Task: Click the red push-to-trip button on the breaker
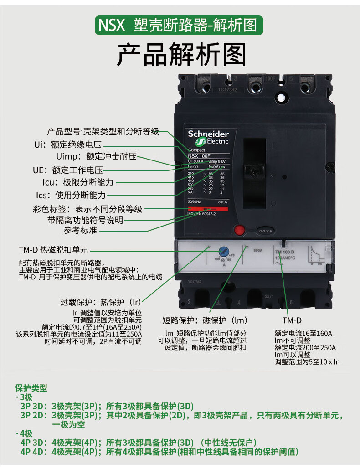pyautogui.click(x=240, y=230)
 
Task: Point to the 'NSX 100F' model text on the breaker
pyautogui.click(x=200, y=156)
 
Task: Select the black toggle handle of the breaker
pyautogui.click(x=254, y=171)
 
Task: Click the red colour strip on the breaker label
pyautogui.click(x=208, y=208)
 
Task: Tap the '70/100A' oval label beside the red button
pyautogui.click(x=265, y=231)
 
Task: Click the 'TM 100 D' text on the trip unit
pyautogui.click(x=285, y=252)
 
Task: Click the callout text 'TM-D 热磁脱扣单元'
pyautogui.click(x=53, y=250)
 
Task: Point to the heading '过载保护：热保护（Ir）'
pyautogui.click(x=101, y=302)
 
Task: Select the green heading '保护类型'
pyautogui.click(x=31, y=388)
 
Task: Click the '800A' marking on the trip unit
pyautogui.click(x=257, y=250)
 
